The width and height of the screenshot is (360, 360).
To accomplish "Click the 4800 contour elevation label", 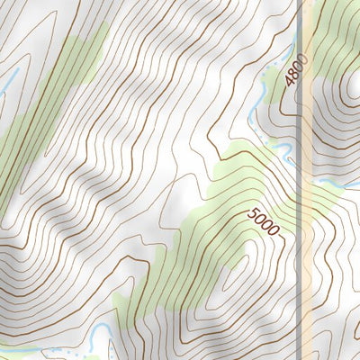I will (295, 70).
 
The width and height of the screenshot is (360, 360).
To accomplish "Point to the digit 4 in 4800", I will (291, 82).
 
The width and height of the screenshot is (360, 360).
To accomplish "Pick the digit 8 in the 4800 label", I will (293, 74).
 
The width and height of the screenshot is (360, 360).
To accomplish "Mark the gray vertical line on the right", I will (299, 180).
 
